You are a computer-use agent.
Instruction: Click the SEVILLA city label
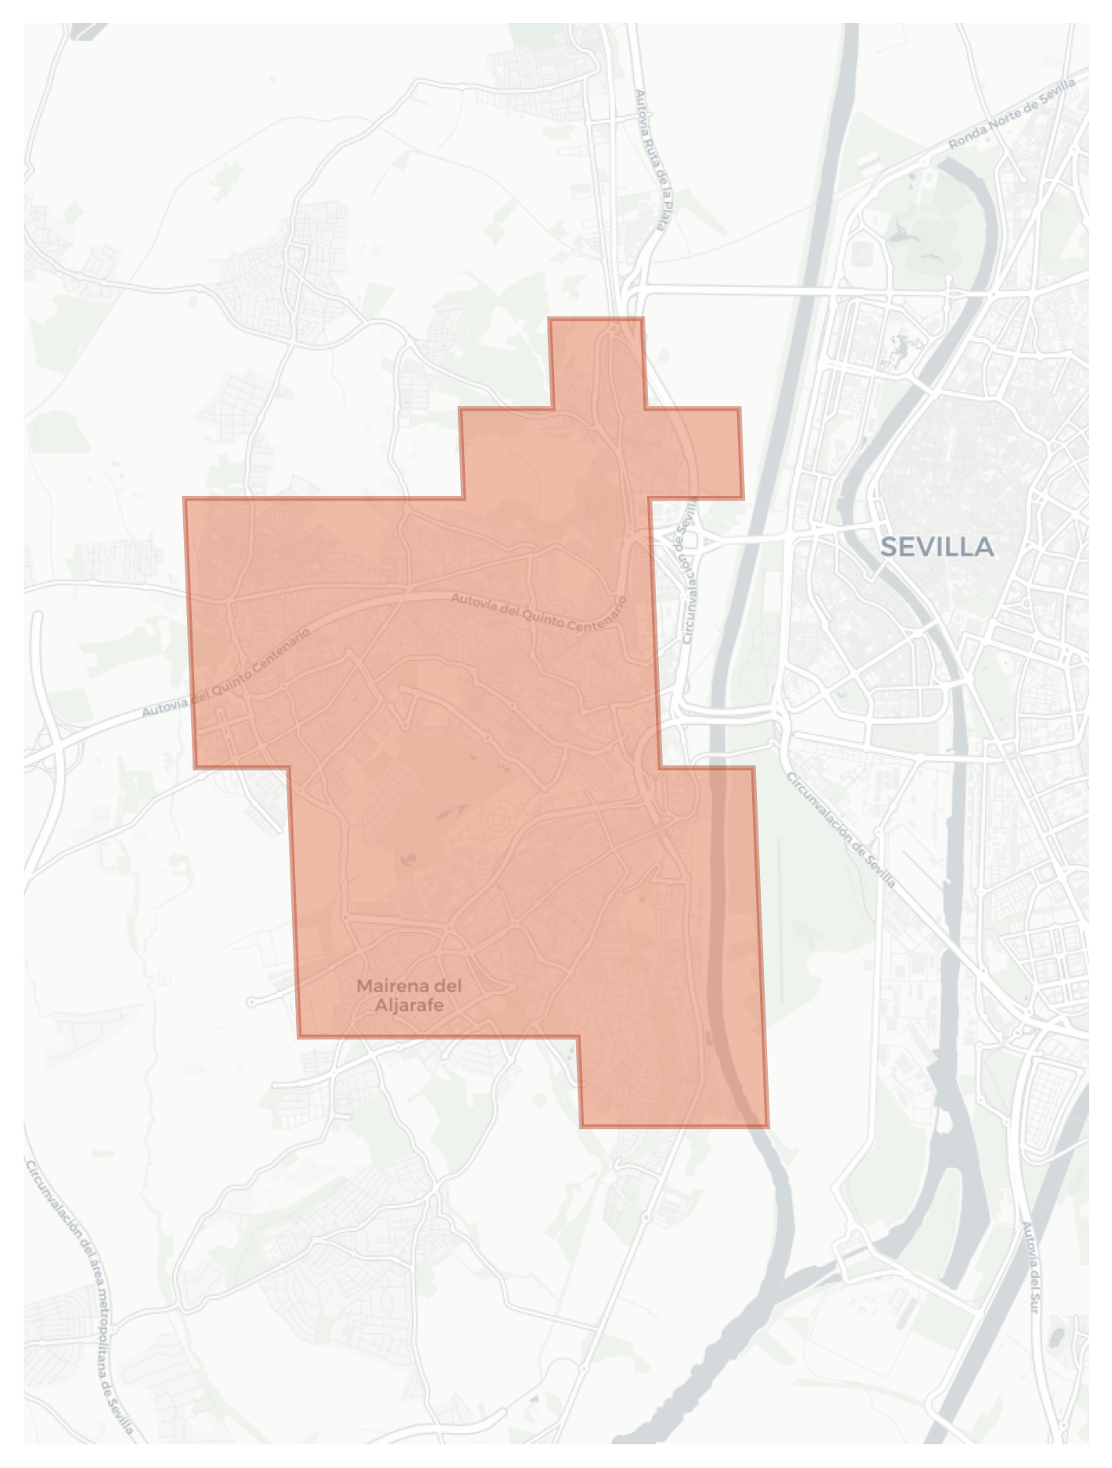tap(936, 546)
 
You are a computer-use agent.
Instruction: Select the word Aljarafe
tap(409, 1005)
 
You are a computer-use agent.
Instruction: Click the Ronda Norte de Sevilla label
tap(1012, 115)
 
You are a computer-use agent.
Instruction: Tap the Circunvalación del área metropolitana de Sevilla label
tap(78, 1295)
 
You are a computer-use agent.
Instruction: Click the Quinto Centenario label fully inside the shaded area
tap(538, 612)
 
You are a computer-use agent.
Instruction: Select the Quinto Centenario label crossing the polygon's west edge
tap(226, 674)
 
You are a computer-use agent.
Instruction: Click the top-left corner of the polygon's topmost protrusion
tap(550, 319)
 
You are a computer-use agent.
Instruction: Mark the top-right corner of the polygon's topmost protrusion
tap(642, 319)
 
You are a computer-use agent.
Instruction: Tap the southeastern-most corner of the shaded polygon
tap(767, 1125)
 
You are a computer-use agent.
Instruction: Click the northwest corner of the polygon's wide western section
tap(185, 499)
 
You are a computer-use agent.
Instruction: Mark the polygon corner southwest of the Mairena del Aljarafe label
tap(299, 1036)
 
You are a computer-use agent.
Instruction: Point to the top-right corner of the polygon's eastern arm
tap(739, 409)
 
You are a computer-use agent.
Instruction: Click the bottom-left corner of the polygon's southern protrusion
tap(582, 1125)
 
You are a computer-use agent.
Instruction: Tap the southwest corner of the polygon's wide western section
tap(195, 767)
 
